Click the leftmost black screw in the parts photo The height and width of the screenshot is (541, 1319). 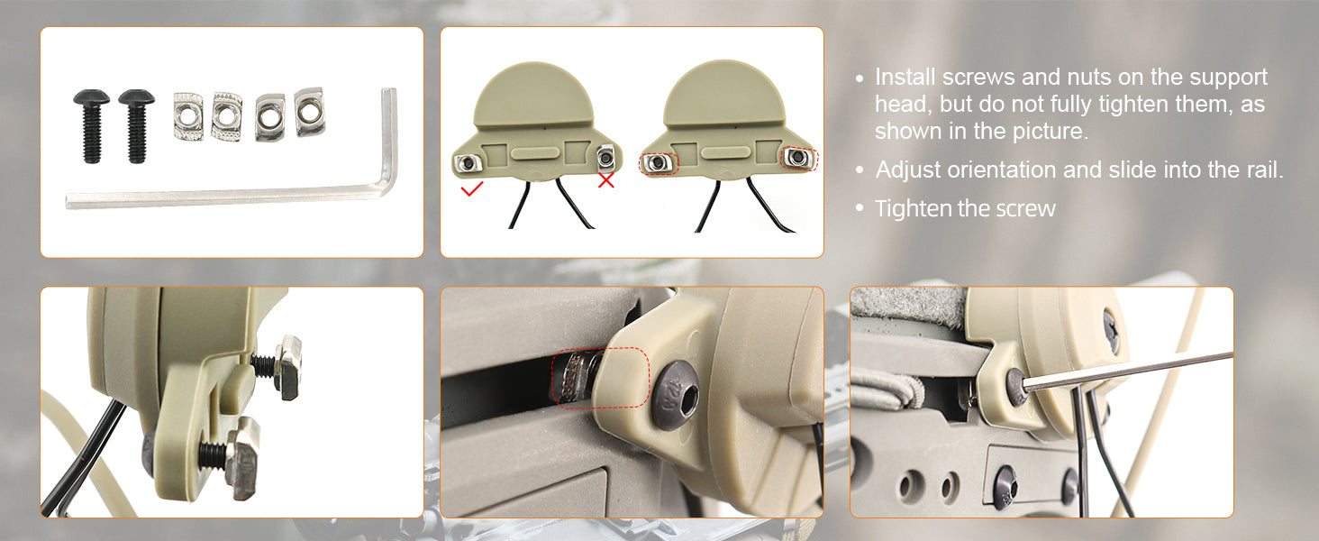pos(91,125)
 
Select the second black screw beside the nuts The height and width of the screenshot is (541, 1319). pos(137,125)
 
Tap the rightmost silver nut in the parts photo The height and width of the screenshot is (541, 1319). pos(310,112)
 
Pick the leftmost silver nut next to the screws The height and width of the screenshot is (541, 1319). pos(188,116)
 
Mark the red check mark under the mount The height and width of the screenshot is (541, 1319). pos(472,189)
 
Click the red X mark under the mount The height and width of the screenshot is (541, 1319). pos(606,180)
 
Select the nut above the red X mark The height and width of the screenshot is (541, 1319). pos(606,158)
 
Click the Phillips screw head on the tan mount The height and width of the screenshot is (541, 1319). pos(1111,332)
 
